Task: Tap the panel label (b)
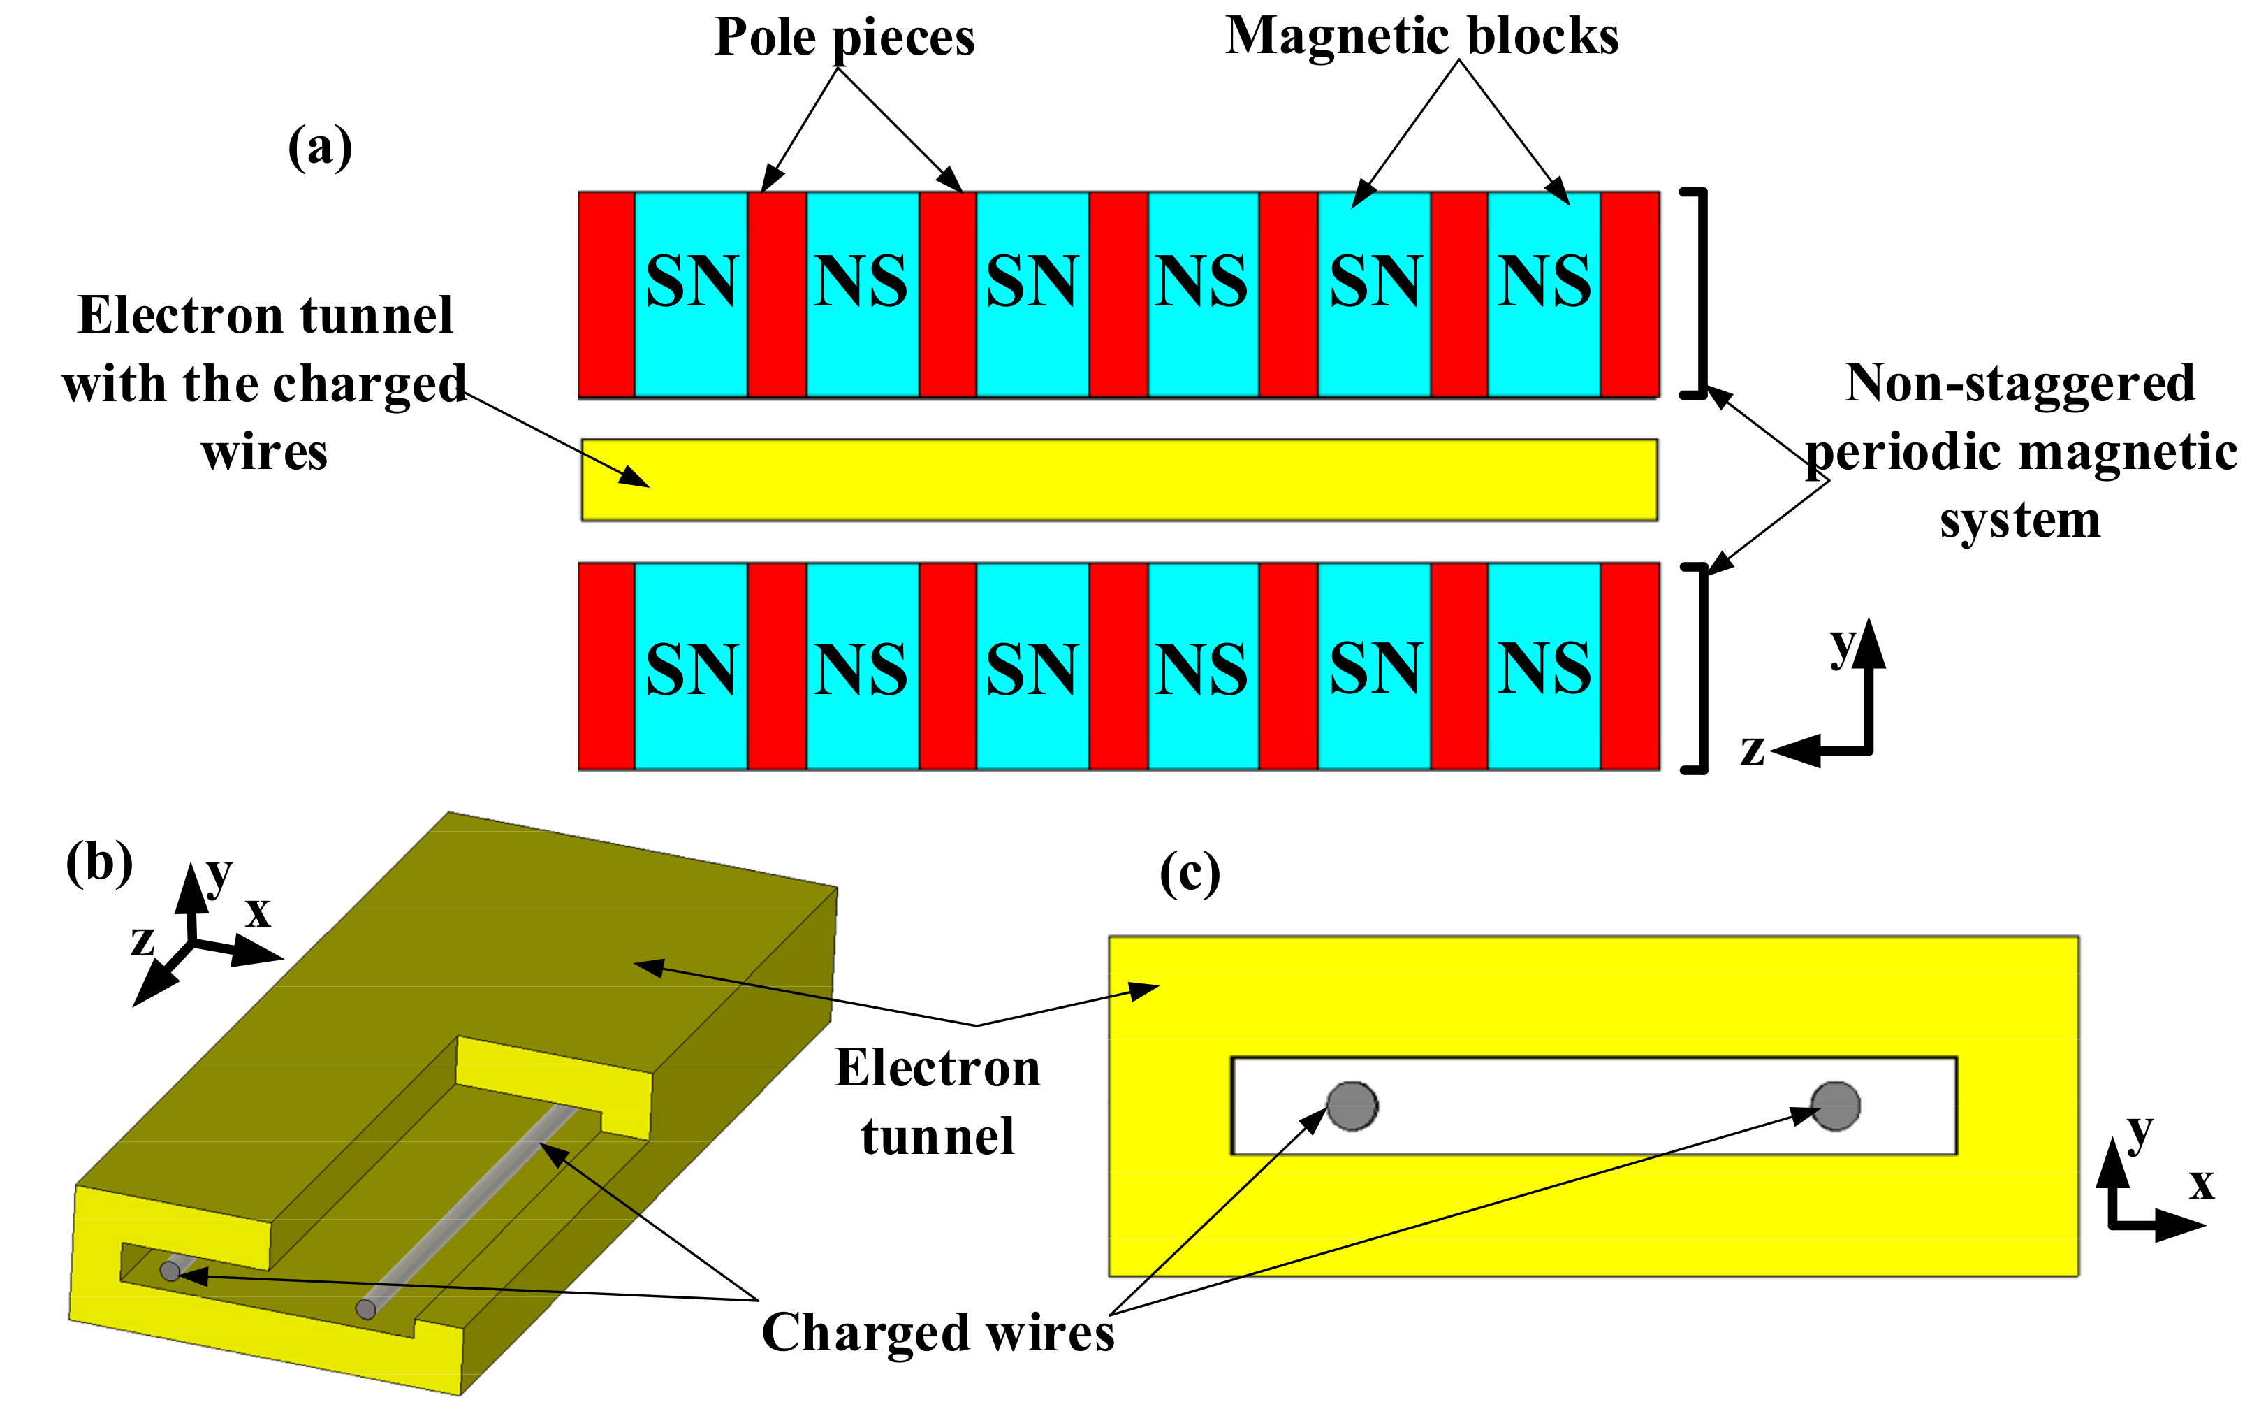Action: pyautogui.click(x=99, y=862)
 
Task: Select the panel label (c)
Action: pyautogui.click(x=1190, y=874)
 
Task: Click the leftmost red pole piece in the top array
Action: pyautogui.click(x=606, y=295)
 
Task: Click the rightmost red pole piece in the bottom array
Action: pyautogui.click(x=1630, y=666)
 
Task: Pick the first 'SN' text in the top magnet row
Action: pyautogui.click(x=692, y=281)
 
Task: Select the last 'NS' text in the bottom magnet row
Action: pyautogui.click(x=1544, y=670)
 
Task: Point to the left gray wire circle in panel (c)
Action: pyautogui.click(x=1352, y=1106)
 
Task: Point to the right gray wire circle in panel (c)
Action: pyautogui.click(x=1835, y=1106)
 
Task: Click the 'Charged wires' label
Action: pyautogui.click(x=937, y=1332)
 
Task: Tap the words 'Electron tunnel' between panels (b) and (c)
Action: pyautogui.click(x=937, y=1102)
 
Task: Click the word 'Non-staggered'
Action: pyautogui.click(x=2020, y=384)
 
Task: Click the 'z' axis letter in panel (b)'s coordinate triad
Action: pyautogui.click(x=142, y=940)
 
